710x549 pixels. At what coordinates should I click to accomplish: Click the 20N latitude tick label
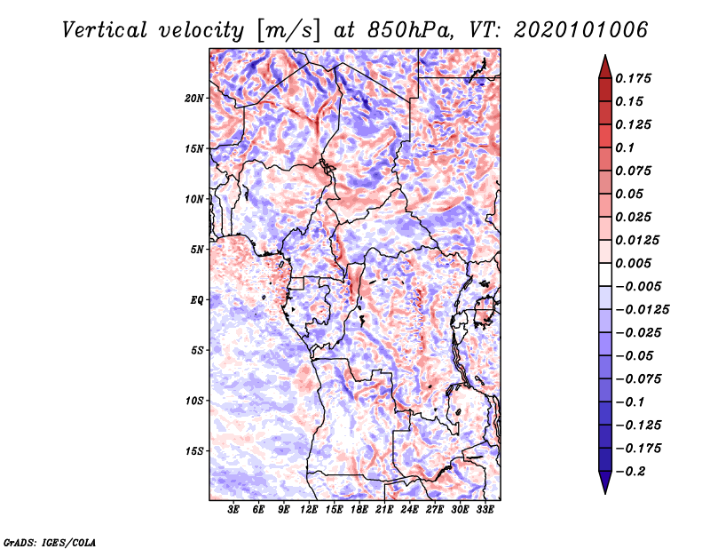point(194,98)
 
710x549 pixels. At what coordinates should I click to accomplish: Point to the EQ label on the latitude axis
point(197,300)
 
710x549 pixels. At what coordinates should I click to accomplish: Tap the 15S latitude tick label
point(194,451)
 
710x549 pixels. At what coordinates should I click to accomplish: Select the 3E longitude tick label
point(233,509)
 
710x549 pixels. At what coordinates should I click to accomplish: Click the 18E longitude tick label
point(359,509)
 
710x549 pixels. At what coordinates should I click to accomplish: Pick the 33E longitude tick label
point(485,509)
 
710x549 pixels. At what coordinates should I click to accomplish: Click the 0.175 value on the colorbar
point(633,78)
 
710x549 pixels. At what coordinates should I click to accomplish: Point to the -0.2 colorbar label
point(630,472)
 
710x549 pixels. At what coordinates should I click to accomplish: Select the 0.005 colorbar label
point(633,263)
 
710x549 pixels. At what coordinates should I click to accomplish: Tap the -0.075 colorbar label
point(638,379)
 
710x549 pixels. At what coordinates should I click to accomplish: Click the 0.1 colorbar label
point(625,147)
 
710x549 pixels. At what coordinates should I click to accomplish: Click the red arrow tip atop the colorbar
point(605,56)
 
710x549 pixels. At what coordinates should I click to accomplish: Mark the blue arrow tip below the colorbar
point(605,493)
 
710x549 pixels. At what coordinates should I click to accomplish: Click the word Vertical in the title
point(105,30)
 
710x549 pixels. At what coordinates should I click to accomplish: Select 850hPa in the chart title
point(410,30)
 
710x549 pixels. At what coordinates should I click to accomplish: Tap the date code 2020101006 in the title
point(581,30)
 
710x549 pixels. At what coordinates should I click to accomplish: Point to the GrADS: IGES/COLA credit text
point(50,542)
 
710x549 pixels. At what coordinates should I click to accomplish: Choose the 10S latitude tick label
point(194,401)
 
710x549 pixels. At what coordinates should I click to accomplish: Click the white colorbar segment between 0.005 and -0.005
point(605,274)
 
